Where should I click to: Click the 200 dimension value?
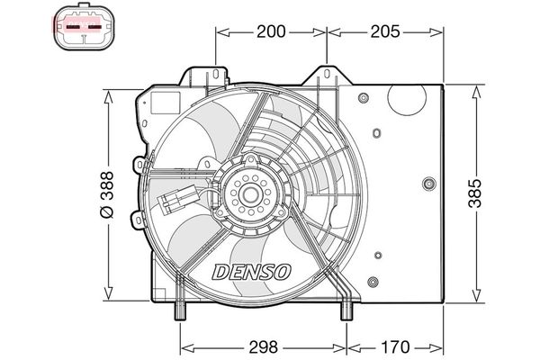tap(271, 32)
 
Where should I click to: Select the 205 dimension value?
tap(384, 32)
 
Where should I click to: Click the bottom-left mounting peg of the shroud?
tap(179, 311)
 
